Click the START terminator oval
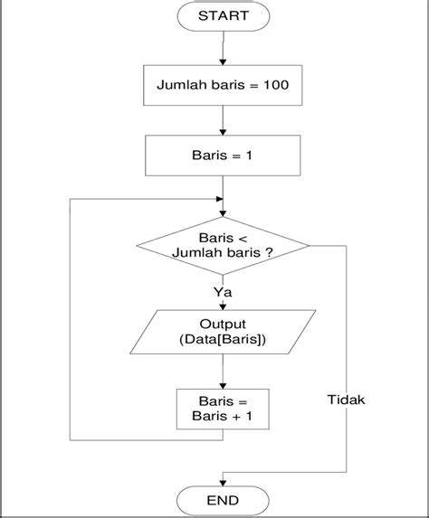[x=224, y=16]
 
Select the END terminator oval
[x=223, y=501]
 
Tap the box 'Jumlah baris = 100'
[x=223, y=85]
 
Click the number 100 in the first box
[x=276, y=85]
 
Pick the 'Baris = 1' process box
[x=223, y=155]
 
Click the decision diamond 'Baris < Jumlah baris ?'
[x=223, y=246]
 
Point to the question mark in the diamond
[x=269, y=252]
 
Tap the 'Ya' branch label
[x=223, y=292]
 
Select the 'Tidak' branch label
[x=346, y=400]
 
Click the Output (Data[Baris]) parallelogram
[x=223, y=332]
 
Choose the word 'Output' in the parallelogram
[x=223, y=324]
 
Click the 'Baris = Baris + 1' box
[x=223, y=409]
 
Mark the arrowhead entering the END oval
[x=223, y=483]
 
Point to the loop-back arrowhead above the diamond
[x=219, y=199]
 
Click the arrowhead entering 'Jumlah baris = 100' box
[x=223, y=62]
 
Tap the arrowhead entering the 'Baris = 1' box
[x=223, y=132]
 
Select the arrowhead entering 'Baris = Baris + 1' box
[x=223, y=386]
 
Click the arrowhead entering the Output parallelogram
[x=223, y=306]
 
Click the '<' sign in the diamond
[x=243, y=239]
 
